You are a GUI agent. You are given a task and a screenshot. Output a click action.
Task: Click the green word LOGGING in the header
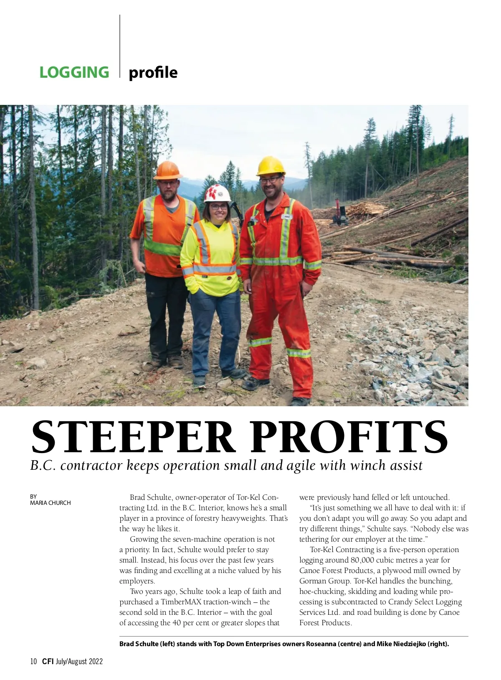74,72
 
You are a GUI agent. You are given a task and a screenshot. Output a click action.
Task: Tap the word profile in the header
153,72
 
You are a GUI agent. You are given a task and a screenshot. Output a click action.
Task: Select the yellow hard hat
271,166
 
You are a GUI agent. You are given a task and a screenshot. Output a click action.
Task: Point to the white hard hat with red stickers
217,193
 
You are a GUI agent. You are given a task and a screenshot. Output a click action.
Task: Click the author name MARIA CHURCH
51,503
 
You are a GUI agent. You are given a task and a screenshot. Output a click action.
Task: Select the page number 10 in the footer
34,661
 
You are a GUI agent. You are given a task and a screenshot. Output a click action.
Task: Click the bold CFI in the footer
48,661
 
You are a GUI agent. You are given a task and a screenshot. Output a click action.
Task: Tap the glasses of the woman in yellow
218,207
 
